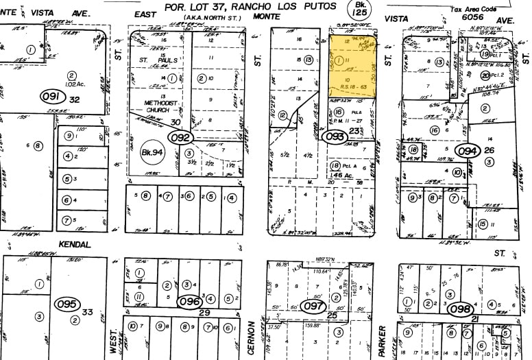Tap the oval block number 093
pos(335,136)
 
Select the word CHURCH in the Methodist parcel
pos(160,110)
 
